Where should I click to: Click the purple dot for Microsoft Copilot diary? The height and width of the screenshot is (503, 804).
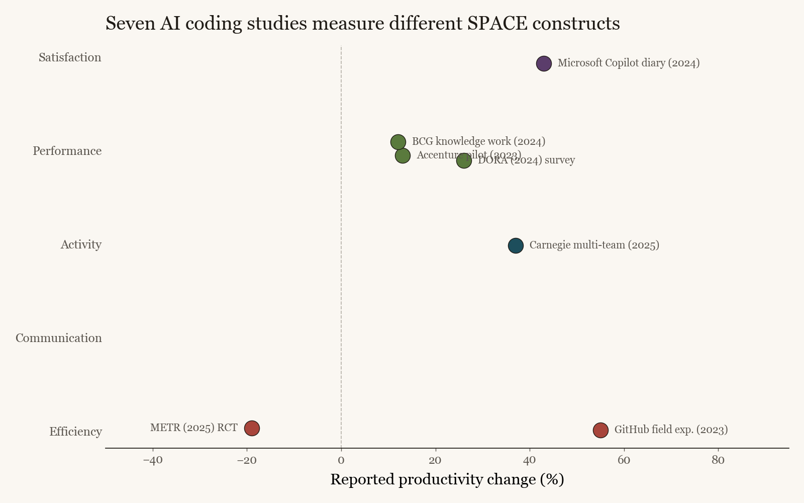(544, 63)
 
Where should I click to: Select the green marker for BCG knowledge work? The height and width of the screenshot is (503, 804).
(398, 142)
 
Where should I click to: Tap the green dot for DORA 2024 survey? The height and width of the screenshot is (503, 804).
(464, 161)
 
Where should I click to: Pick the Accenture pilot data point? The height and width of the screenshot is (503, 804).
(403, 155)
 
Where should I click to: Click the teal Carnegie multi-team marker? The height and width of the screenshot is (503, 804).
(516, 245)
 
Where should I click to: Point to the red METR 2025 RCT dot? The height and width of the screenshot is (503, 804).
(252, 428)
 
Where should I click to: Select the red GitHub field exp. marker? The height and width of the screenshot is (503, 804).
(600, 430)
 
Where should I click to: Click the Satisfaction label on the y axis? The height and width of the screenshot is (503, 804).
(70, 57)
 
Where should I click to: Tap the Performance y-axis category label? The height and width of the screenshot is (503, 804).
(67, 151)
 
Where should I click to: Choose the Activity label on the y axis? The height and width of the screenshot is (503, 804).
(81, 244)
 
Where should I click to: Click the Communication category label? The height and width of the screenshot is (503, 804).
(58, 338)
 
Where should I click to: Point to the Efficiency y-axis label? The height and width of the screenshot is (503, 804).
(75, 432)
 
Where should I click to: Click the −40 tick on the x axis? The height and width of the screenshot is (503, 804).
(153, 460)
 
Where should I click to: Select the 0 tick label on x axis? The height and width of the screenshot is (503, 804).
(341, 460)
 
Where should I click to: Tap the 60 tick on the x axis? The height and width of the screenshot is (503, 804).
(624, 460)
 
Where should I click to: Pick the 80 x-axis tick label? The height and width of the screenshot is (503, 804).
(718, 460)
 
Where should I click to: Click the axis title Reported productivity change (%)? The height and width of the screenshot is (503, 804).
(447, 479)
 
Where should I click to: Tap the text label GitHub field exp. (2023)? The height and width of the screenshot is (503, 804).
(671, 430)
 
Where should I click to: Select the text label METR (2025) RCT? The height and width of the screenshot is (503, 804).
(194, 428)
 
